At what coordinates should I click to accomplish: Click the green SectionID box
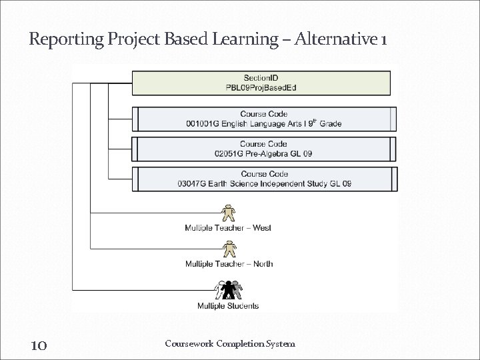pyautogui.click(x=261, y=83)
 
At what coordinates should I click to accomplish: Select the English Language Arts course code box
pyautogui.click(x=263, y=119)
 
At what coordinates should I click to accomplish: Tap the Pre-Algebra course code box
pyautogui.click(x=263, y=149)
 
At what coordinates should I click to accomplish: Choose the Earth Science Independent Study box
pyautogui.click(x=263, y=179)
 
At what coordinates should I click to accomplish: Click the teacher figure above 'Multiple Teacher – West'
pyautogui.click(x=228, y=212)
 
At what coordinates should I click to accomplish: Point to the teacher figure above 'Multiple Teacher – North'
pyautogui.click(x=228, y=248)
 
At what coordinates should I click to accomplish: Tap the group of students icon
pyautogui.click(x=228, y=290)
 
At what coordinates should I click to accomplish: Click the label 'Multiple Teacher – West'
pyautogui.click(x=228, y=228)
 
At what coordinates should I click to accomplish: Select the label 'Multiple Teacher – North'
pyautogui.click(x=229, y=264)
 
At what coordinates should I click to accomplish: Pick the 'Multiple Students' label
pyautogui.click(x=228, y=306)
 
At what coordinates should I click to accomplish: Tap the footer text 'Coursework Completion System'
pyautogui.click(x=229, y=344)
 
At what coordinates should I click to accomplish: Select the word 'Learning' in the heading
pyautogui.click(x=246, y=41)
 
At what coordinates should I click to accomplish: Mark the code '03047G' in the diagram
pyautogui.click(x=193, y=183)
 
